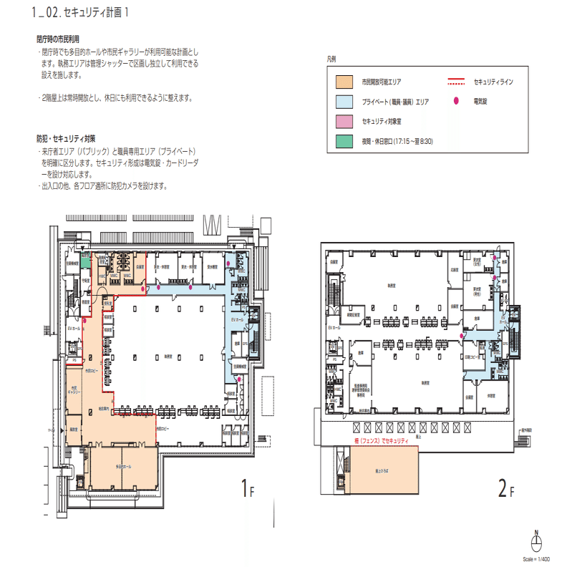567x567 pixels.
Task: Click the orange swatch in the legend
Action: [x=345, y=82]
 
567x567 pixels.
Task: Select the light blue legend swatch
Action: [x=345, y=102]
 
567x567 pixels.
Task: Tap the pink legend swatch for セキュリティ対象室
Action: [x=345, y=122]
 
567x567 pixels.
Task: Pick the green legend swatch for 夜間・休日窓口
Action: [x=345, y=142]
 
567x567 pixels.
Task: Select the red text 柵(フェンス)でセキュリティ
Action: [x=379, y=442]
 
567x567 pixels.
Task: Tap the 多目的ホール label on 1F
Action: [x=124, y=466]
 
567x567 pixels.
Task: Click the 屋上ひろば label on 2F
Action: [x=374, y=472]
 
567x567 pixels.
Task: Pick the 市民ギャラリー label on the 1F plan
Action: [x=74, y=390]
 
